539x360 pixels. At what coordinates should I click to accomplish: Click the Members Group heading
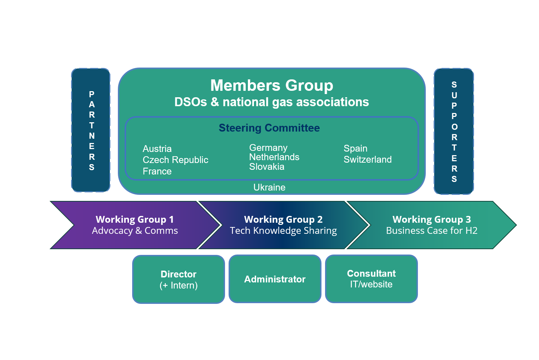(271, 85)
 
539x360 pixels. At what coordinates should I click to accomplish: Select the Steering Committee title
(269, 128)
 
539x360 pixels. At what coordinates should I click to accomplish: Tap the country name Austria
(157, 149)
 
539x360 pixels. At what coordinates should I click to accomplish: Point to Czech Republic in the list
(175, 160)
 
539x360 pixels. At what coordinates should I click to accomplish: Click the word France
(157, 171)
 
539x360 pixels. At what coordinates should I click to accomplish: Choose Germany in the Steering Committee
(268, 148)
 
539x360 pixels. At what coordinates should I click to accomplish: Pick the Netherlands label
(274, 157)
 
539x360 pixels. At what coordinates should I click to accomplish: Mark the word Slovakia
(266, 167)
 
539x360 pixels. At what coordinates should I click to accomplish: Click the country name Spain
(355, 148)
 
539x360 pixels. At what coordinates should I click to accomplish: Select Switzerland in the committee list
(368, 159)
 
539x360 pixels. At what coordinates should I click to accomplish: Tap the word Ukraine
(269, 187)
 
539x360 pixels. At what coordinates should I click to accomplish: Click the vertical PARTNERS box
(91, 130)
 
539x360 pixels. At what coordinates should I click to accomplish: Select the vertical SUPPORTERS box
(454, 132)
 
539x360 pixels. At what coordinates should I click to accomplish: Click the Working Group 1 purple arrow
(135, 225)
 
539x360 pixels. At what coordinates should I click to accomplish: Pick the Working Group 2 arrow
(283, 225)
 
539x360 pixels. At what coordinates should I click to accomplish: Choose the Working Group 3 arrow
(431, 225)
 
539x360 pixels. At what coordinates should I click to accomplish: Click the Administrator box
(275, 279)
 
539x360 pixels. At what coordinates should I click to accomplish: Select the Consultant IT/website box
(371, 279)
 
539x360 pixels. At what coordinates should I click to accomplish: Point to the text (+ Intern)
(179, 285)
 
